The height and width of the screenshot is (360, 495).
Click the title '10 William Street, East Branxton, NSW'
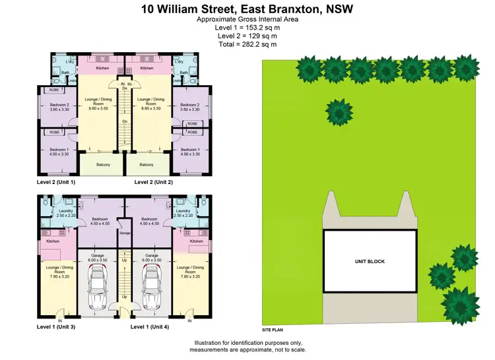tap(247, 9)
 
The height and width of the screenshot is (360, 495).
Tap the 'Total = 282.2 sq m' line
tap(247, 44)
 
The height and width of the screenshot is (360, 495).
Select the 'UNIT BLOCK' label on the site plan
tap(370, 262)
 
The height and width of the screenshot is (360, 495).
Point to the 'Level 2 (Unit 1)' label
tap(56, 181)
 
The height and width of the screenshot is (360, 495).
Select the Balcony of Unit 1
tap(103, 165)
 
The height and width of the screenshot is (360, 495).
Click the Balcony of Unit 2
tap(147, 165)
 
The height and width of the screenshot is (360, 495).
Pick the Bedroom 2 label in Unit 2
tap(190, 107)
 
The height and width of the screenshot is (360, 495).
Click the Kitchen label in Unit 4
tap(197, 241)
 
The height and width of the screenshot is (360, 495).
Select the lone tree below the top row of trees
tap(339, 111)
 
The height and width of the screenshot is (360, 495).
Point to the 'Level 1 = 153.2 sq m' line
tap(247, 28)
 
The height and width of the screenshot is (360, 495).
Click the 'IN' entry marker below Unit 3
tap(60, 320)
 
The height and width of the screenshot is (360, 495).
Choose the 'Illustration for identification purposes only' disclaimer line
tap(249, 343)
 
